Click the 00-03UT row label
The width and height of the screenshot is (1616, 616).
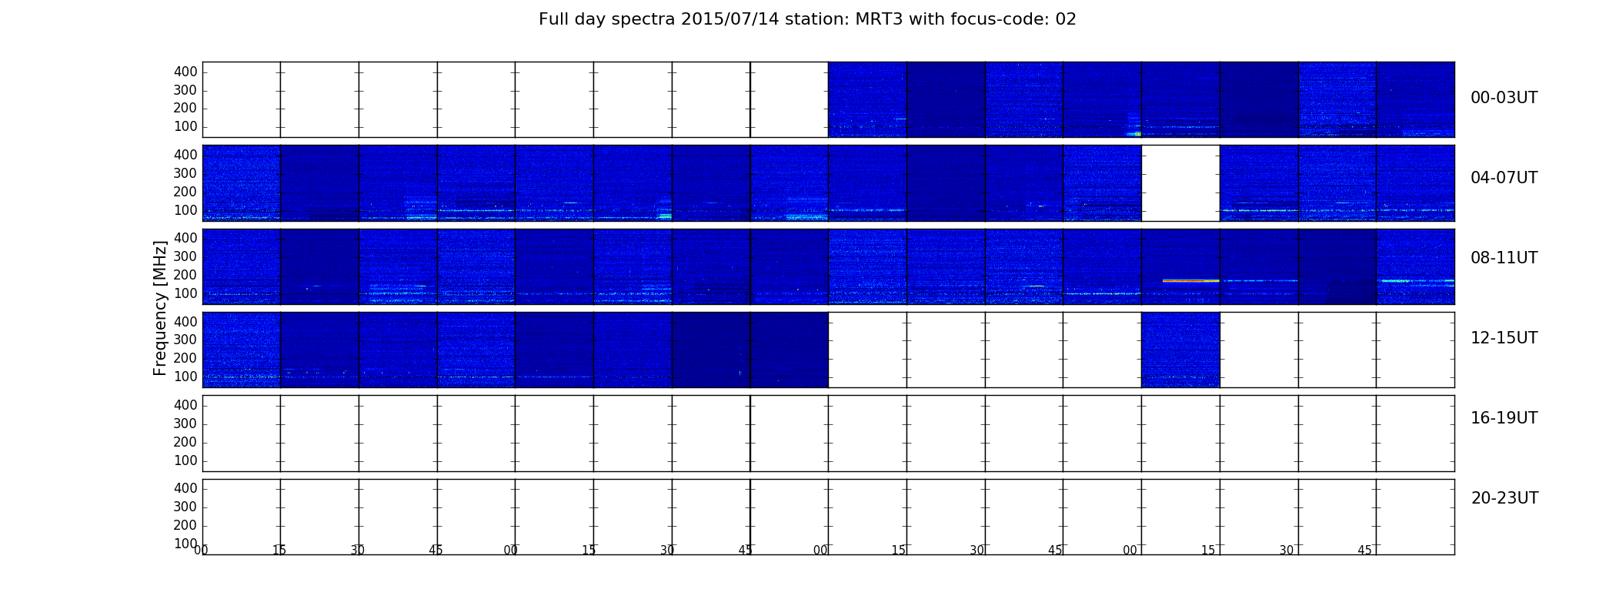(1504, 98)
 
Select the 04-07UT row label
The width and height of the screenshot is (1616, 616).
(1504, 178)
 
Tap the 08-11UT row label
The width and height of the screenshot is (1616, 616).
(1504, 258)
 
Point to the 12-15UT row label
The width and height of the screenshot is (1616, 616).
(1504, 338)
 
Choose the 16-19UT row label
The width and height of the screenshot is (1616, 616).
(1504, 418)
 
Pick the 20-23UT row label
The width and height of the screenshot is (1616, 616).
(1504, 498)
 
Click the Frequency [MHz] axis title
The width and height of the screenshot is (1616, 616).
(160, 308)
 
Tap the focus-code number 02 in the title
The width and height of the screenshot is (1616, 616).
(1066, 19)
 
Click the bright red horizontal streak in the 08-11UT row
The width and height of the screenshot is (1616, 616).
(1191, 280)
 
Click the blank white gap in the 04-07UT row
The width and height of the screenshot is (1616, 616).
(1180, 183)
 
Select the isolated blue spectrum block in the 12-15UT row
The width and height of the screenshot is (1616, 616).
(1180, 350)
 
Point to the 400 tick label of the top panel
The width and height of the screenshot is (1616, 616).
(185, 72)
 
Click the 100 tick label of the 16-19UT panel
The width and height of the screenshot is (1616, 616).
(185, 460)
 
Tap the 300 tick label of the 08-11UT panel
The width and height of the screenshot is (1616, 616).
(185, 256)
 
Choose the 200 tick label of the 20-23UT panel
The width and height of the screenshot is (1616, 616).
(185, 525)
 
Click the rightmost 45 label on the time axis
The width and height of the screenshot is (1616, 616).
(1364, 551)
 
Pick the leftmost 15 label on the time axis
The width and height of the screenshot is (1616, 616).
(279, 551)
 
